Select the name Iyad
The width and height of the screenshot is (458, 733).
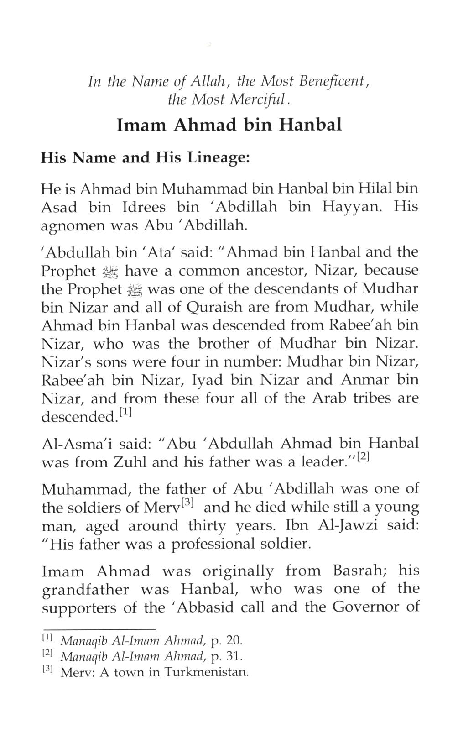[203, 380]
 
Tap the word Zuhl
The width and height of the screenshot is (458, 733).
[127, 462]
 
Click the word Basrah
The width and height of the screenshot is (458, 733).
[361, 571]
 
